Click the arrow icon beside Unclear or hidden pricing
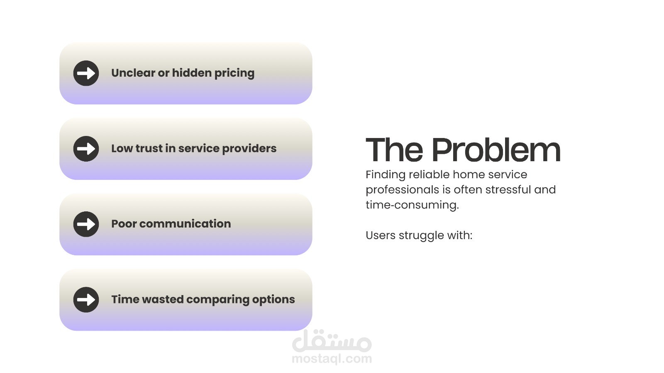86,73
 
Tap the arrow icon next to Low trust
86,149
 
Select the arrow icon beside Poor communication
86,224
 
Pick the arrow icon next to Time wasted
86,300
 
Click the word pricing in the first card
234,73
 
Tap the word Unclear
133,73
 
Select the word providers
249,149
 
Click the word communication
185,224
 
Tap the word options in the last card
273,300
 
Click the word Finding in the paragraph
386,175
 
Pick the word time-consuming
413,205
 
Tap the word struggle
421,236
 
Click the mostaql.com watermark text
332,359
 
